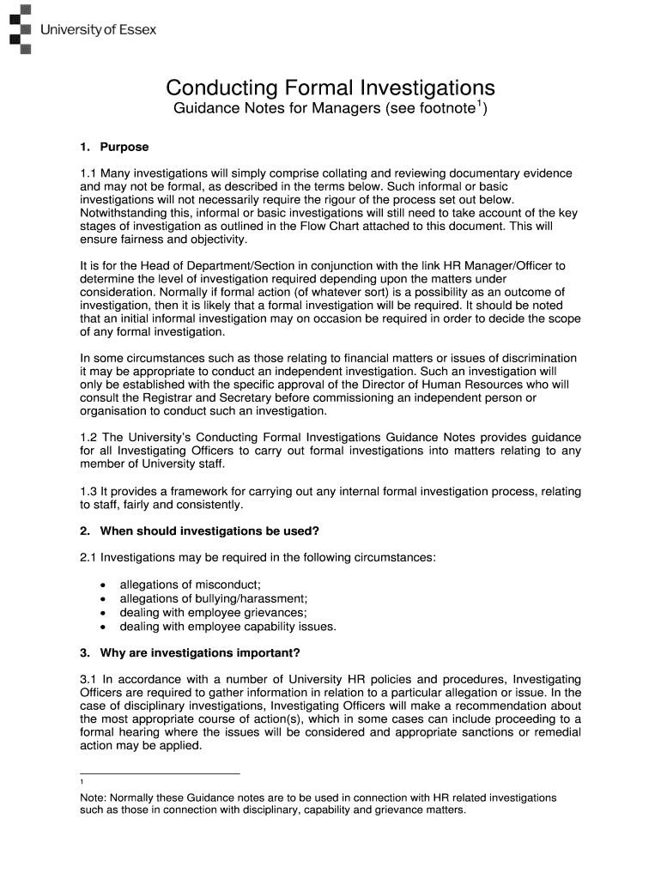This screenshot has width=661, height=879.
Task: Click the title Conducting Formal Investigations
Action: click(330, 88)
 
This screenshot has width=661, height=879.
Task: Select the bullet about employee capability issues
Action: click(227, 626)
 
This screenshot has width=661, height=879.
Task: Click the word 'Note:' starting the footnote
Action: click(94, 797)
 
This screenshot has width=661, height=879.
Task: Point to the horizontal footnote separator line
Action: click(160, 773)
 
